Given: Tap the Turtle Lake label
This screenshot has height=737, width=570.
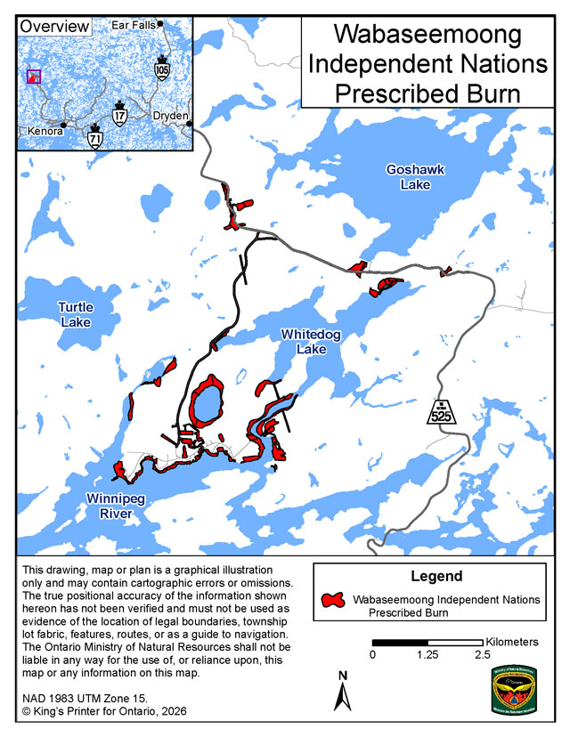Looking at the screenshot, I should click(x=76, y=314).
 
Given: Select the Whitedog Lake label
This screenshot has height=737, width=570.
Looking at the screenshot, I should click(x=311, y=342).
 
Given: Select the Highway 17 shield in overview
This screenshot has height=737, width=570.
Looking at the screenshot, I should click(x=120, y=115).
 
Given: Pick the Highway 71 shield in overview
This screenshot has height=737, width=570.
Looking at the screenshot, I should click(x=95, y=136).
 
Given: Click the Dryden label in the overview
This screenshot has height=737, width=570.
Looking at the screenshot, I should click(x=169, y=117).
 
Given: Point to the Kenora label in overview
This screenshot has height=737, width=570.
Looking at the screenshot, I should click(x=45, y=131).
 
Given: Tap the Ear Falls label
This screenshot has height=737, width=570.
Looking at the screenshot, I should click(x=133, y=26).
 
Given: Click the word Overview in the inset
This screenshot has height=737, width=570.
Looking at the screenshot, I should click(x=54, y=26).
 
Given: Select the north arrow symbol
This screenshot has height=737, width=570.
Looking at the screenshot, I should click(x=341, y=691).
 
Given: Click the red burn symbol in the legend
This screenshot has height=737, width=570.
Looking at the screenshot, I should click(x=334, y=601).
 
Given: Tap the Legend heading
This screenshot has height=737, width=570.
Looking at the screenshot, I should click(x=436, y=576).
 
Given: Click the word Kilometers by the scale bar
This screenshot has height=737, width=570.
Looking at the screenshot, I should click(x=512, y=641).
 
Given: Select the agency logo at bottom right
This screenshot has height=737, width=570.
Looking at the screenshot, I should click(x=514, y=689).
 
